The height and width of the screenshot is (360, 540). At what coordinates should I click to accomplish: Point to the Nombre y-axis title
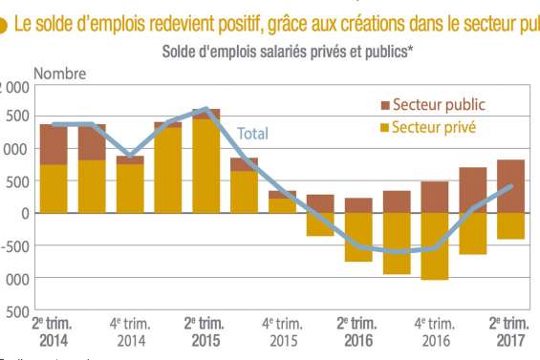pos(60,73)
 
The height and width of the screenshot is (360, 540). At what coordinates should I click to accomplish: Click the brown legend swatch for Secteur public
pos(384,104)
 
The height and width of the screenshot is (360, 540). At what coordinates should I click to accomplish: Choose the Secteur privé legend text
pos(434,126)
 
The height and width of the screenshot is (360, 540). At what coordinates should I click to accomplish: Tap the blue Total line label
pos(252,133)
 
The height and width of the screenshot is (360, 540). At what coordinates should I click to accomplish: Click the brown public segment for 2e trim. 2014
pos(54,144)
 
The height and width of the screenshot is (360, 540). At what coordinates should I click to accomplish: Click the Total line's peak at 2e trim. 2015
pos(206,109)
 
